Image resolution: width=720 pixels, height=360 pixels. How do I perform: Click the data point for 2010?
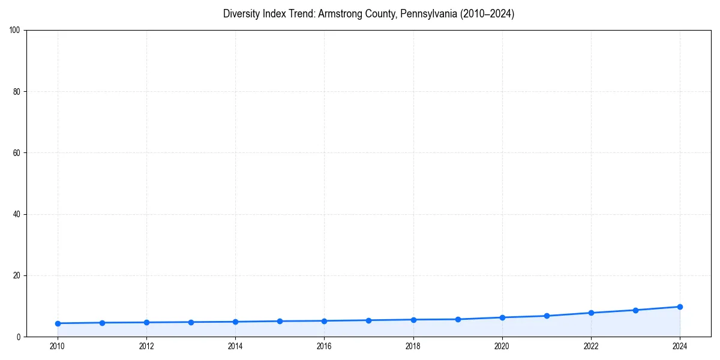click(58, 323)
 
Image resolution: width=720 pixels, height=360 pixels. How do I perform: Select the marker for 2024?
click(680, 307)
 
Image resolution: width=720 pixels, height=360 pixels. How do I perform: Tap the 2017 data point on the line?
click(368, 320)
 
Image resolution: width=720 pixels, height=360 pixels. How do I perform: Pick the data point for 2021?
click(547, 316)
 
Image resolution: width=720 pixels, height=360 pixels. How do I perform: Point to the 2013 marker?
click(191, 322)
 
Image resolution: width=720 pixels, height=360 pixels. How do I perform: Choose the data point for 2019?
click(458, 319)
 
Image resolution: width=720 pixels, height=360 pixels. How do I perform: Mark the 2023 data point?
click(635, 310)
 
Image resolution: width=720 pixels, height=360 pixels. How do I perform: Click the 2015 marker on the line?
click(280, 321)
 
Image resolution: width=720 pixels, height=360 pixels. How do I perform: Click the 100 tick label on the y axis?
click(15, 31)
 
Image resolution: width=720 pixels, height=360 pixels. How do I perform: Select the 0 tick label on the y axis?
click(19, 337)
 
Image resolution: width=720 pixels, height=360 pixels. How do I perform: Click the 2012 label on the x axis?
click(146, 346)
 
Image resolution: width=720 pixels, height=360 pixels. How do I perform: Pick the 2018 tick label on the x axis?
click(413, 346)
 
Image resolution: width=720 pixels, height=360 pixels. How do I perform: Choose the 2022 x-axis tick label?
click(591, 346)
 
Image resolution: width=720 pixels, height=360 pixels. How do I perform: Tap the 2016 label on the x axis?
click(324, 346)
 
